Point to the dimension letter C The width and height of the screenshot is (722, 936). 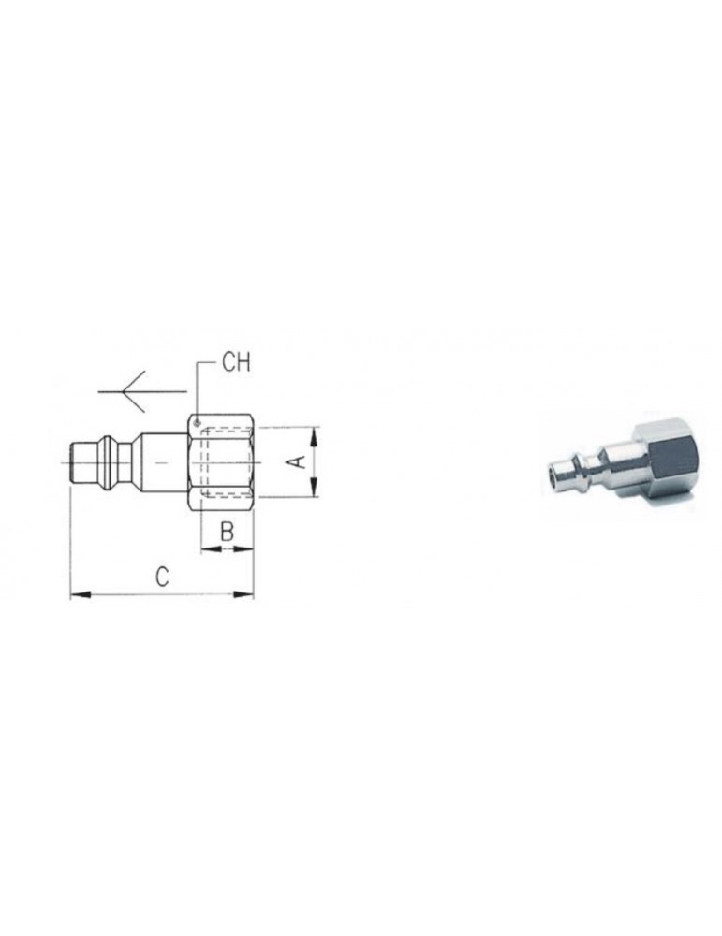pyautogui.click(x=161, y=578)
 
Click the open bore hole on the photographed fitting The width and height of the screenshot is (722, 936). pyautogui.click(x=552, y=477)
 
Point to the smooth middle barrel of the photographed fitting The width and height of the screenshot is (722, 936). pyautogui.click(x=619, y=459)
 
